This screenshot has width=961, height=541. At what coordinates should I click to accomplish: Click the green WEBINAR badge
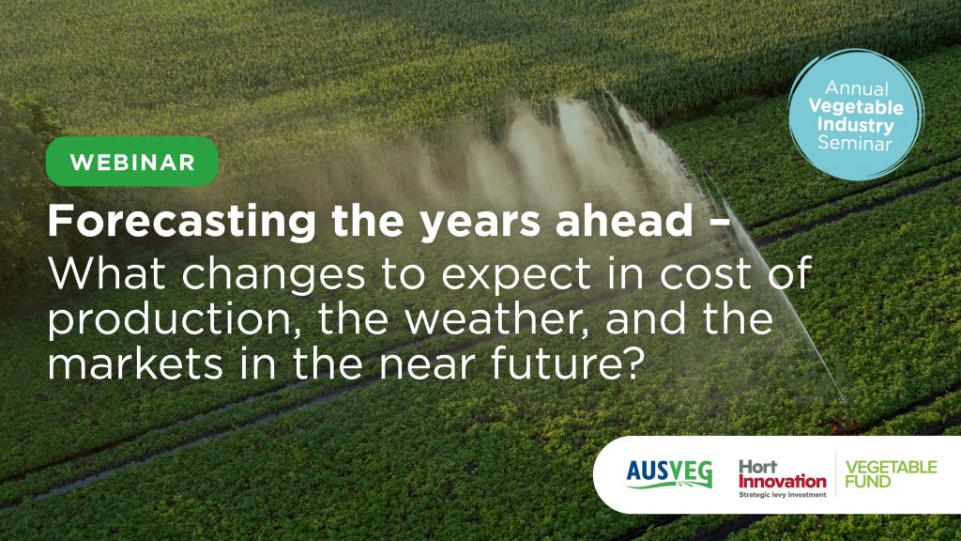coord(131,162)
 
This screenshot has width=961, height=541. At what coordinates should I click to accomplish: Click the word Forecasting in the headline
coord(182,222)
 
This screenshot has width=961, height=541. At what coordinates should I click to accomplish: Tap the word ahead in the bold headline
coord(624,220)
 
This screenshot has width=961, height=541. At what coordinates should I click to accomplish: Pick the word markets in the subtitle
coord(135,364)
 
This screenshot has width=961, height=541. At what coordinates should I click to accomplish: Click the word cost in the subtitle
coord(704,274)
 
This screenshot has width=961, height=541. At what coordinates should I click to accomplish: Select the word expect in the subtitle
coord(516,277)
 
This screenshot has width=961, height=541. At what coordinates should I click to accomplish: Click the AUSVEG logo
coord(669,474)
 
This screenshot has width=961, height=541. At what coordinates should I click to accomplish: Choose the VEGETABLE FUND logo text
coord(892,474)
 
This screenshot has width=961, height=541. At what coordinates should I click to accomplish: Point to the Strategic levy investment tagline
coord(783,494)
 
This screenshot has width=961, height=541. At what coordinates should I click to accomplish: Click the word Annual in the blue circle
coord(856,88)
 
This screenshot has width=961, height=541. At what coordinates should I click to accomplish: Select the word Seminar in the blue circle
coord(855,144)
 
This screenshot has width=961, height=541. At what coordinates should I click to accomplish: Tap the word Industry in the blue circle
coord(855,126)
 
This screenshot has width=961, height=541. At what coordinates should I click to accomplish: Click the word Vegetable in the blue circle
coord(856,107)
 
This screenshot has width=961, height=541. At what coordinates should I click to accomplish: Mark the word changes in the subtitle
coord(273,276)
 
